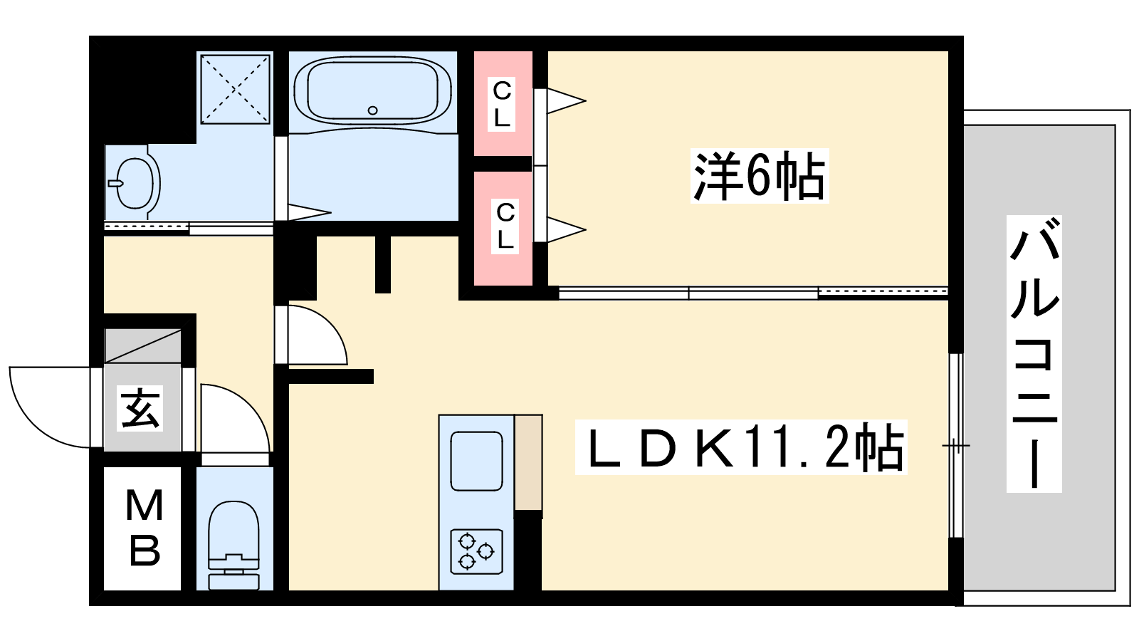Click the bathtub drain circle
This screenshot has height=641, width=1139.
click(x=373, y=110)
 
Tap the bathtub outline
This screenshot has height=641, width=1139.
click(x=373, y=58)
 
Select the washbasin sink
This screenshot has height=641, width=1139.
click(x=135, y=183)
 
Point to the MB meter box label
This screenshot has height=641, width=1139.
click(x=145, y=528)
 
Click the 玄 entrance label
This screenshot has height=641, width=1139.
click(x=140, y=408)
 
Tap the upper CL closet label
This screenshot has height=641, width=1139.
click(x=502, y=104)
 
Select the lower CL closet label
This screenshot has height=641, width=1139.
click(x=505, y=226)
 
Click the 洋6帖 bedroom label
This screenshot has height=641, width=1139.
click(x=760, y=176)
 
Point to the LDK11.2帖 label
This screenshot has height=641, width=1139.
click(x=741, y=448)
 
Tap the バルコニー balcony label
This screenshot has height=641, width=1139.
click(x=1034, y=354)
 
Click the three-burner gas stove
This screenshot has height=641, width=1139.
click(x=476, y=551)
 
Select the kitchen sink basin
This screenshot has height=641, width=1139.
click(x=476, y=462)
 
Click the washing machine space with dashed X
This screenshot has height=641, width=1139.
click(x=235, y=89)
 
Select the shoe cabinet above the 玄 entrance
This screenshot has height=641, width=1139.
click(x=143, y=346)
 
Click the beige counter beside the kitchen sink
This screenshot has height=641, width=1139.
click(x=528, y=462)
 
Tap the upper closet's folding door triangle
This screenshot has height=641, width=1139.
click(x=565, y=100)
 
